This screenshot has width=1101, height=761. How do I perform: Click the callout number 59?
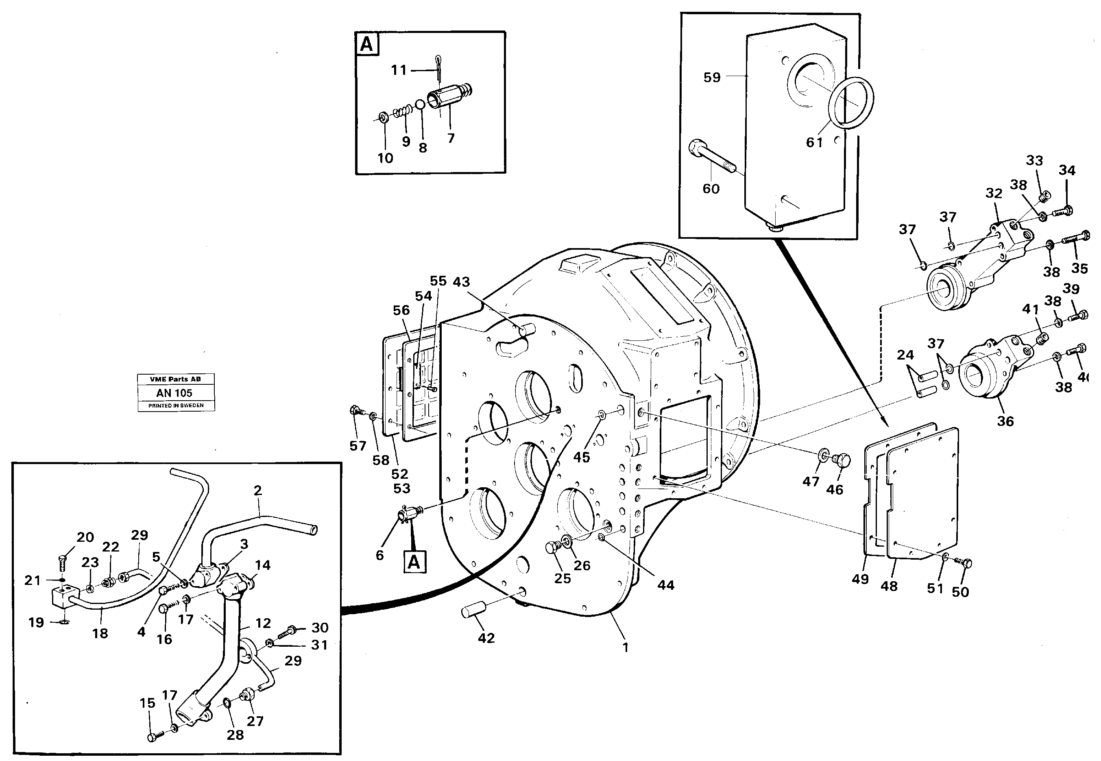712,77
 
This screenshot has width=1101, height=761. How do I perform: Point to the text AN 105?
174,393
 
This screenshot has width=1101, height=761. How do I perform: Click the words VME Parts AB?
175,379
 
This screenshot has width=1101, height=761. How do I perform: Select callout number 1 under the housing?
625,648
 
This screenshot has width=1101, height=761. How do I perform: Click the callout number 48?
889,586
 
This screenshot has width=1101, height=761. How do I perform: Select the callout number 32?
994,193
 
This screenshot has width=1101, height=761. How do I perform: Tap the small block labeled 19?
61,596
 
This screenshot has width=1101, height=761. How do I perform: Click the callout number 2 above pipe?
257,490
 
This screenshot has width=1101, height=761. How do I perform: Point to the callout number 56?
401,310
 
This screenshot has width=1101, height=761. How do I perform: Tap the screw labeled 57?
355,410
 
